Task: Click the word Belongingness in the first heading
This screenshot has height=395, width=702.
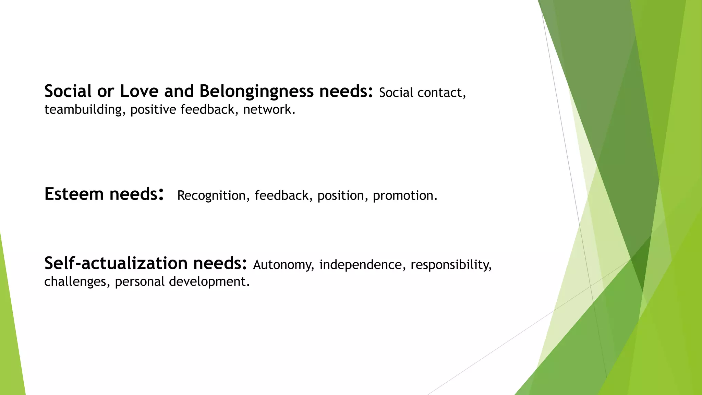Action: (256, 92)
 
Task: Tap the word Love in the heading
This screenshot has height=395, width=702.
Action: (139, 92)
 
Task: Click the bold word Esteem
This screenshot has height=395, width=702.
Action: (74, 194)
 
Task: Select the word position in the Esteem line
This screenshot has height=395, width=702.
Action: (340, 195)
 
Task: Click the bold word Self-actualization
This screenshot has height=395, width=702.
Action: (116, 263)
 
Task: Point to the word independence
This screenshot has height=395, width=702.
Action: (360, 265)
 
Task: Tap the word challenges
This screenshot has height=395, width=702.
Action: (75, 282)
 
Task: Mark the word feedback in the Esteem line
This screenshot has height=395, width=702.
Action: (281, 195)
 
